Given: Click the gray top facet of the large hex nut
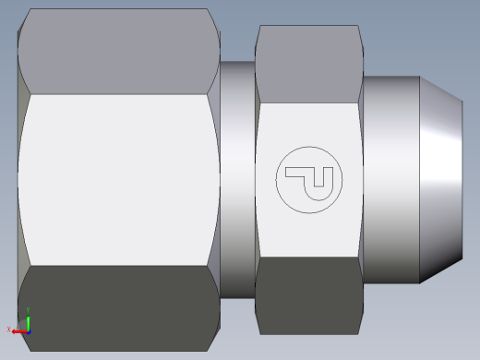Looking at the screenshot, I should point(118,52).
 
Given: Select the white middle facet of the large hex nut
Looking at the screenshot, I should point(118,180).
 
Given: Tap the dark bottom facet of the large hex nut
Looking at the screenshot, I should point(118,308).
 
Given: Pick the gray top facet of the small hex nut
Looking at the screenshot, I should point(308,63).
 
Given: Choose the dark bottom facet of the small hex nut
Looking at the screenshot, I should point(308,295).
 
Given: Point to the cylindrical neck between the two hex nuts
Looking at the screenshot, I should point(238,180).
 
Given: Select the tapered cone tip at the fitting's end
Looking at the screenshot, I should point(441,180).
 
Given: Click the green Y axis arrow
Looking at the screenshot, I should point(28,319).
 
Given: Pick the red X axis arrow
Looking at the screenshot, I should point(19,329).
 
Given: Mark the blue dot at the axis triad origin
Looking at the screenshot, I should point(28,329).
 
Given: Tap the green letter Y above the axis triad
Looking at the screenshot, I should point(28,310).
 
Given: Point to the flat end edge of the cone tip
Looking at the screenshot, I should point(462,180).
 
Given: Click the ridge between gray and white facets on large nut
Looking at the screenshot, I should point(118,94).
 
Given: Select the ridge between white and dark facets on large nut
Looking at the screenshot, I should point(118,266).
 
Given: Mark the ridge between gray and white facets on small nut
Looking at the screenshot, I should point(308,102).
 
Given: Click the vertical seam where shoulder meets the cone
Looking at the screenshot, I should point(422,180).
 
